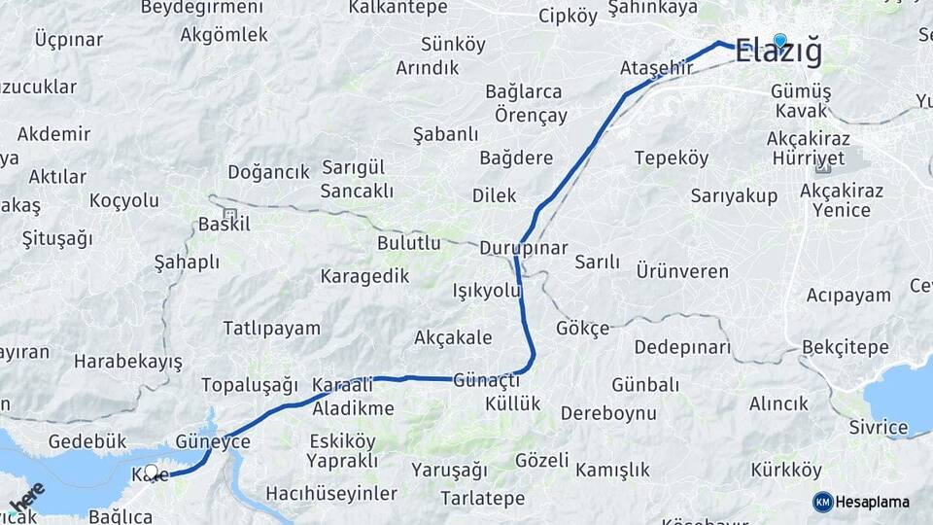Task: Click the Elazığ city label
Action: (778, 52)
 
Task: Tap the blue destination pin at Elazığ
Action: (779, 41)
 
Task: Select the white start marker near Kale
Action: (151, 471)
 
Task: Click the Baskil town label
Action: (224, 225)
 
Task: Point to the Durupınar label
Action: (523, 248)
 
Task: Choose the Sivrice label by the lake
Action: (878, 428)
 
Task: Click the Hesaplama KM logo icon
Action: (823, 502)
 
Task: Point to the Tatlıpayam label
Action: (271, 328)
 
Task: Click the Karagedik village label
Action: (364, 276)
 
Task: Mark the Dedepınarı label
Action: (682, 347)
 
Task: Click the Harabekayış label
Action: (128, 362)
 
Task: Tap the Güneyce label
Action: (213, 441)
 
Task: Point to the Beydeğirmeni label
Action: (202, 8)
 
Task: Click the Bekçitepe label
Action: (846, 347)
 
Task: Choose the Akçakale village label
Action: (453, 338)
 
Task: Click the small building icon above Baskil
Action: (229, 213)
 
